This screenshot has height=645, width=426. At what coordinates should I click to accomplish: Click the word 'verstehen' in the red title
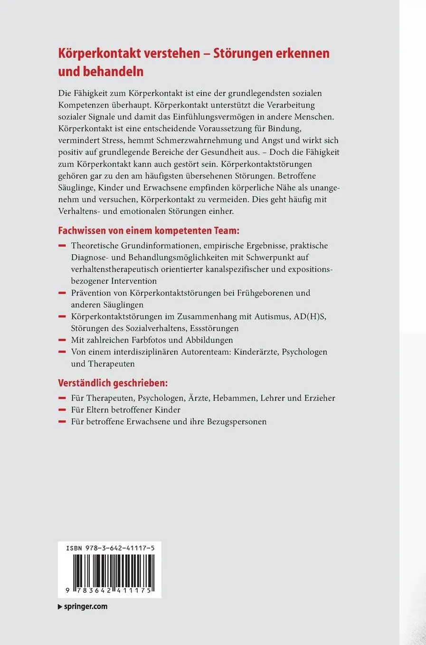coord(173,53)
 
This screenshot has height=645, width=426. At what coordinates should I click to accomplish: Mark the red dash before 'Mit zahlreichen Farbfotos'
coord(61,340)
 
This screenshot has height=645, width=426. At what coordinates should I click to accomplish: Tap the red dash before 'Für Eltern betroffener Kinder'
coord(61,410)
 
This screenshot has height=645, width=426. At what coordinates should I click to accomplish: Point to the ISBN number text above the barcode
coord(110,548)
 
